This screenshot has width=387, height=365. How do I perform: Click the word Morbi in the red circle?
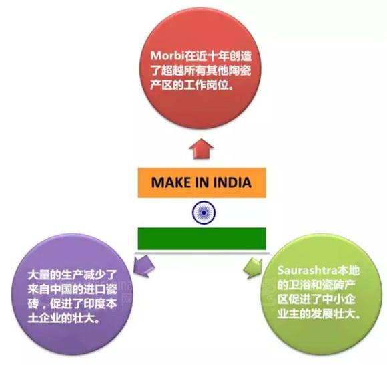[x=168, y=56]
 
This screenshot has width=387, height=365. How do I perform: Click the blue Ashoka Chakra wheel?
[x=204, y=213]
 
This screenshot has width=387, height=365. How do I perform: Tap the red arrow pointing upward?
[x=202, y=149]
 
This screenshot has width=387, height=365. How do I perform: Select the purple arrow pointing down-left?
[x=143, y=266]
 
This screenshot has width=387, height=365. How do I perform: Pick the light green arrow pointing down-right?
[x=254, y=268]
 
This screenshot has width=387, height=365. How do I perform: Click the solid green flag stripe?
[x=202, y=239]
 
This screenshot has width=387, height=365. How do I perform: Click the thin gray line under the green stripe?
[x=202, y=253]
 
